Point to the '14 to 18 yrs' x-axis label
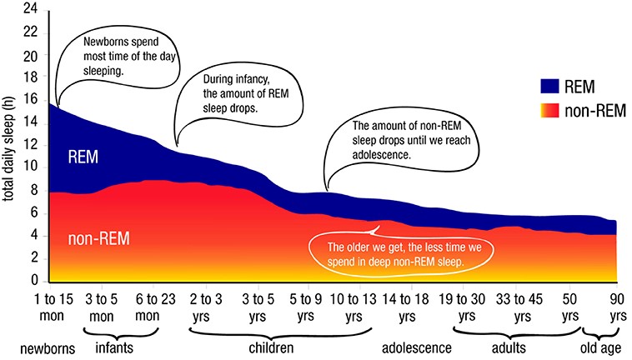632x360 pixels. [x=406, y=307]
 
